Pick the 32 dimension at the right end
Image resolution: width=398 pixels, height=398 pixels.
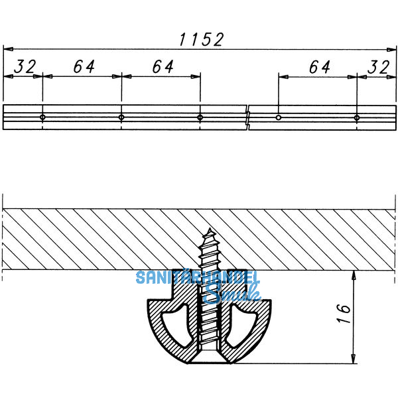pyautogui.click(x=379, y=66)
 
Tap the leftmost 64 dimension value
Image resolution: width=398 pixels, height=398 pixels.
pyautogui.click(x=82, y=66)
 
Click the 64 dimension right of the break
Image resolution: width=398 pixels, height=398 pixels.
pyautogui.click(x=318, y=66)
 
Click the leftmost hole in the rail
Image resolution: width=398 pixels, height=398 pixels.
pyautogui.click(x=42, y=117)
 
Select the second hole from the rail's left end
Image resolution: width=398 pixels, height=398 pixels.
pyautogui.click(x=121, y=117)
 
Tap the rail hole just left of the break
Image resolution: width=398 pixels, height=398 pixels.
pyautogui.click(x=200, y=117)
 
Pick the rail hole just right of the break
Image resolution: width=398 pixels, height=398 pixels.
pyautogui.click(x=279, y=117)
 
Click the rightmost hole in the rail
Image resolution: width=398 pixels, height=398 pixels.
pyautogui.click(x=357, y=117)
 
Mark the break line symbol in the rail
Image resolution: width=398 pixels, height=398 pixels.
pyautogui.click(x=247, y=117)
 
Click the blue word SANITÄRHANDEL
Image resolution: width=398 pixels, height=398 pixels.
pyautogui.click(x=198, y=278)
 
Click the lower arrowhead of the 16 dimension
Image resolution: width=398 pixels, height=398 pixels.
pyautogui.click(x=353, y=359)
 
